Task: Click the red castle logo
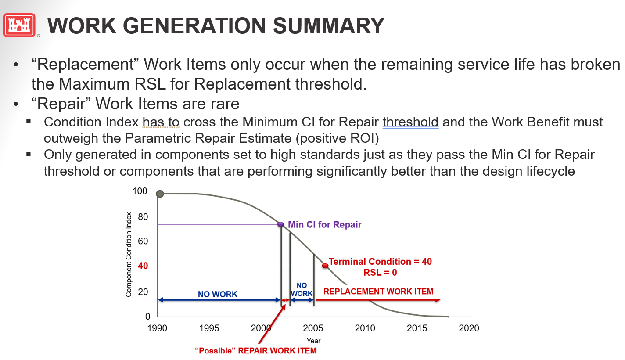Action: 19,25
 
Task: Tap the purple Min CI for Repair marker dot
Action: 281,224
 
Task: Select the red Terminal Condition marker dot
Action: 325,266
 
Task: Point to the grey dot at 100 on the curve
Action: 160,194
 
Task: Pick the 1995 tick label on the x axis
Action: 209,328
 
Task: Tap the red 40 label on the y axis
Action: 143,266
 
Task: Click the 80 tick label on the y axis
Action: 143,216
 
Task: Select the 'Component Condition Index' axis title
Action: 129,254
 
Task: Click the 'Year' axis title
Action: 313,341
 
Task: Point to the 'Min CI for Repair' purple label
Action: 325,225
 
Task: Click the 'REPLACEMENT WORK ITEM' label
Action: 378,291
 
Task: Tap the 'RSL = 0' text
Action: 380,272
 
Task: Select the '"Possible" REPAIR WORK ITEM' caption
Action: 256,351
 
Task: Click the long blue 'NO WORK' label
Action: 217,294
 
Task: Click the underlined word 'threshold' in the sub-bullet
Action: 410,122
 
